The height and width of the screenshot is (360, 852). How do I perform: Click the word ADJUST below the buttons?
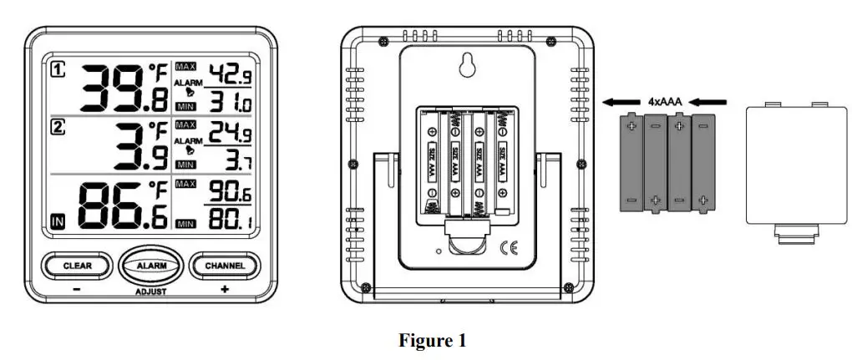151,292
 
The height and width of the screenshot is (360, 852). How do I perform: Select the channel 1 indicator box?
58,69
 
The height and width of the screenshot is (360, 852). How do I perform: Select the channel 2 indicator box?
58,128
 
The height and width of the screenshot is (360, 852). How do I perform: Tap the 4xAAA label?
665,102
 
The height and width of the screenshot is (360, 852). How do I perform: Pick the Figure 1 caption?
432,341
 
